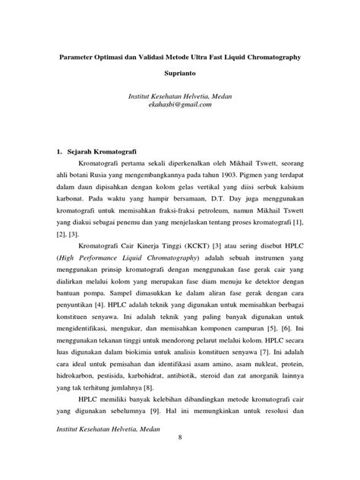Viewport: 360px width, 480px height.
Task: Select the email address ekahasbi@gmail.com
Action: pos(180,105)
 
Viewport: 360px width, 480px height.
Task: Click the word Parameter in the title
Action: pos(85,58)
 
